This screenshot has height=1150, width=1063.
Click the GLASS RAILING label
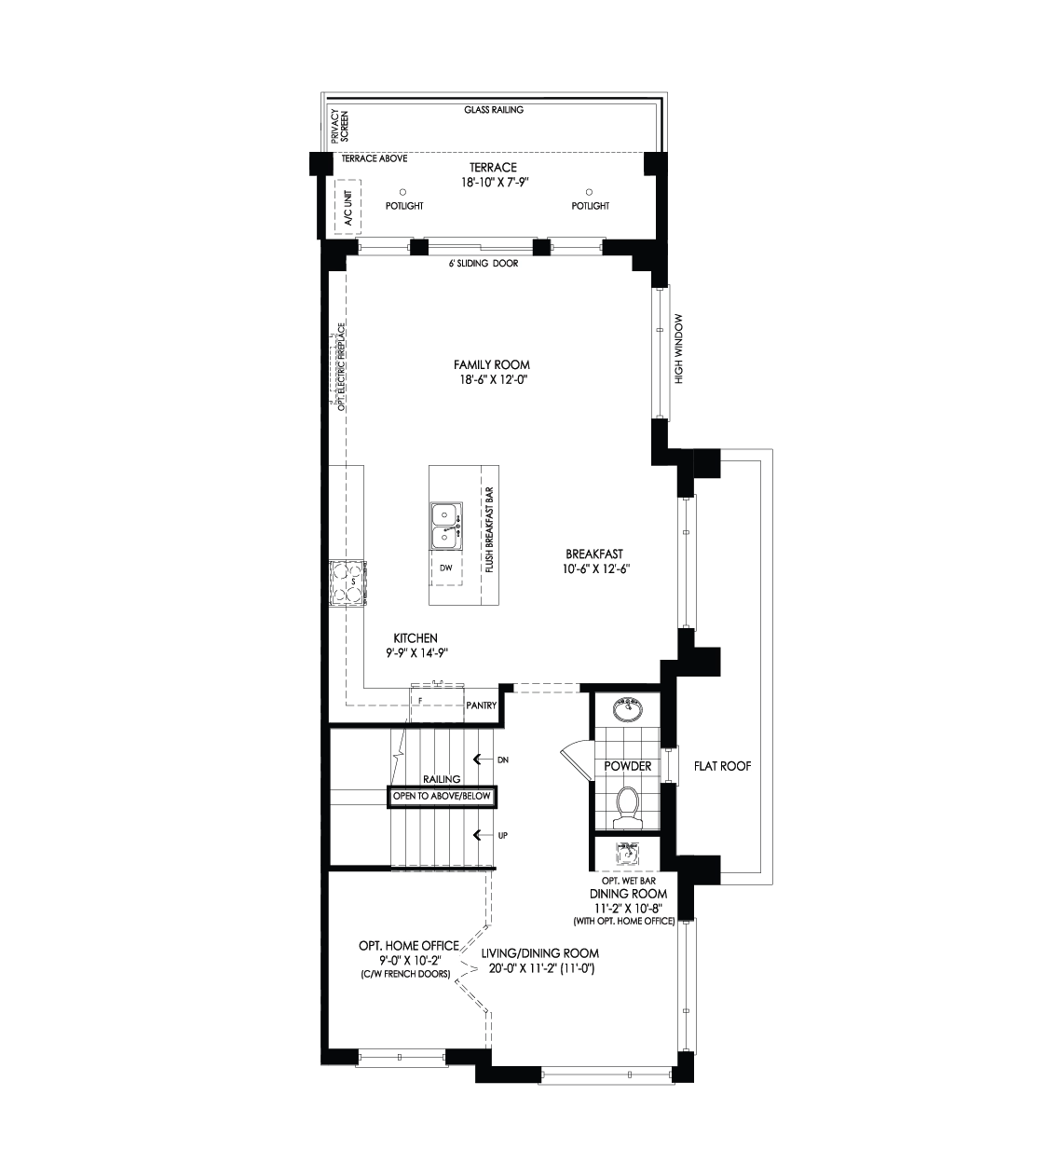pyautogui.click(x=494, y=110)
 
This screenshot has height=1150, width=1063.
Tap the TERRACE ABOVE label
pyautogui.click(x=375, y=158)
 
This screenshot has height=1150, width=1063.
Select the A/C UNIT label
pyautogui.click(x=348, y=208)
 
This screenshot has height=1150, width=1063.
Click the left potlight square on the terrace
pyautogui.click(x=402, y=193)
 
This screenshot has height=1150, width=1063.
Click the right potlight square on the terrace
pyautogui.click(x=589, y=193)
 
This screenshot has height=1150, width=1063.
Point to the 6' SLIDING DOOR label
pyautogui.click(x=484, y=264)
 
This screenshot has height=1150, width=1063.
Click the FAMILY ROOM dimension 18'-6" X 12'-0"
pyautogui.click(x=494, y=380)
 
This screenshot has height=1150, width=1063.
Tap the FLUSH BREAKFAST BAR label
pyautogui.click(x=488, y=528)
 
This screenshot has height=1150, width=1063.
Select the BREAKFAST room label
pyautogui.click(x=594, y=554)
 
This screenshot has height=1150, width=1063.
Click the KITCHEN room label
pyautogui.click(x=416, y=638)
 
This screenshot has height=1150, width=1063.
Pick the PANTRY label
pyautogui.click(x=482, y=706)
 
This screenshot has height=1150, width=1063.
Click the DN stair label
pyautogui.click(x=503, y=760)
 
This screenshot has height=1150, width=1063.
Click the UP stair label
pyautogui.click(x=503, y=836)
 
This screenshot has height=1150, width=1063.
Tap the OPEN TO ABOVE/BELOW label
pyautogui.click(x=442, y=796)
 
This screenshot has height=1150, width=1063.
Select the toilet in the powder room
pyautogui.click(x=627, y=807)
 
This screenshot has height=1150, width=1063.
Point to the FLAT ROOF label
pyautogui.click(x=723, y=766)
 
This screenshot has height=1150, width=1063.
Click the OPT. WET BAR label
pyautogui.click(x=628, y=881)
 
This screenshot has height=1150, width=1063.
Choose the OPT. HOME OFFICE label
pyautogui.click(x=409, y=945)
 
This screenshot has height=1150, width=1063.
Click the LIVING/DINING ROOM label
pyautogui.click(x=540, y=953)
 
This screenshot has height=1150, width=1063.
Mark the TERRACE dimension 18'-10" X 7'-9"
pyautogui.click(x=494, y=183)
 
